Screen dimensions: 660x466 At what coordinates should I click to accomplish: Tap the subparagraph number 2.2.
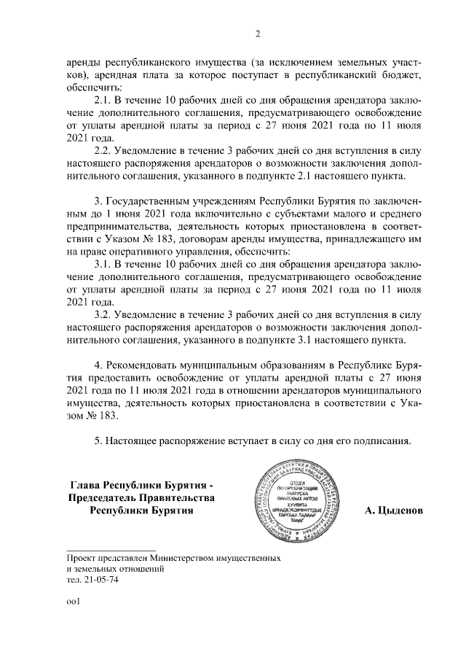click(x=106, y=150)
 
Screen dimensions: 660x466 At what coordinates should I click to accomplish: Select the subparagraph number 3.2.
click(x=106, y=315)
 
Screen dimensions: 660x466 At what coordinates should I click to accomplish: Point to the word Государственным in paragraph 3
click(x=149, y=200)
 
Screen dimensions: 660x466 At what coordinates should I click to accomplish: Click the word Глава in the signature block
click(x=85, y=484)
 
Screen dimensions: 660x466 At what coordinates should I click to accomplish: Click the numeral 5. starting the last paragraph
click(x=99, y=440)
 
